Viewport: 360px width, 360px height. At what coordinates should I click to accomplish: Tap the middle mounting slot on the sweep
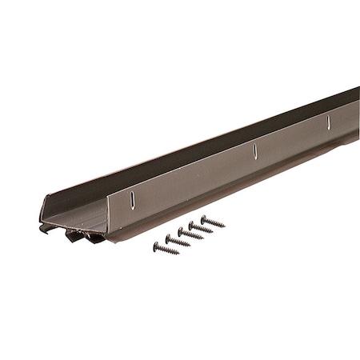(254, 150)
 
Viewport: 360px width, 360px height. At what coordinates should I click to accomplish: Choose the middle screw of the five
(190, 234)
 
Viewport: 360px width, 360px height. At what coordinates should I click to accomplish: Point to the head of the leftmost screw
(155, 245)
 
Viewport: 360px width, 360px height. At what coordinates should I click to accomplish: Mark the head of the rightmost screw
(203, 218)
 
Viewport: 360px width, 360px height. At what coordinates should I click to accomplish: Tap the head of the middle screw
(180, 230)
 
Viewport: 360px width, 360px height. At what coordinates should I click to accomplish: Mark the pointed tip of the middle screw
(202, 238)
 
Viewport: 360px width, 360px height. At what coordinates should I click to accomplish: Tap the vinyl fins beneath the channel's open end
(76, 235)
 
